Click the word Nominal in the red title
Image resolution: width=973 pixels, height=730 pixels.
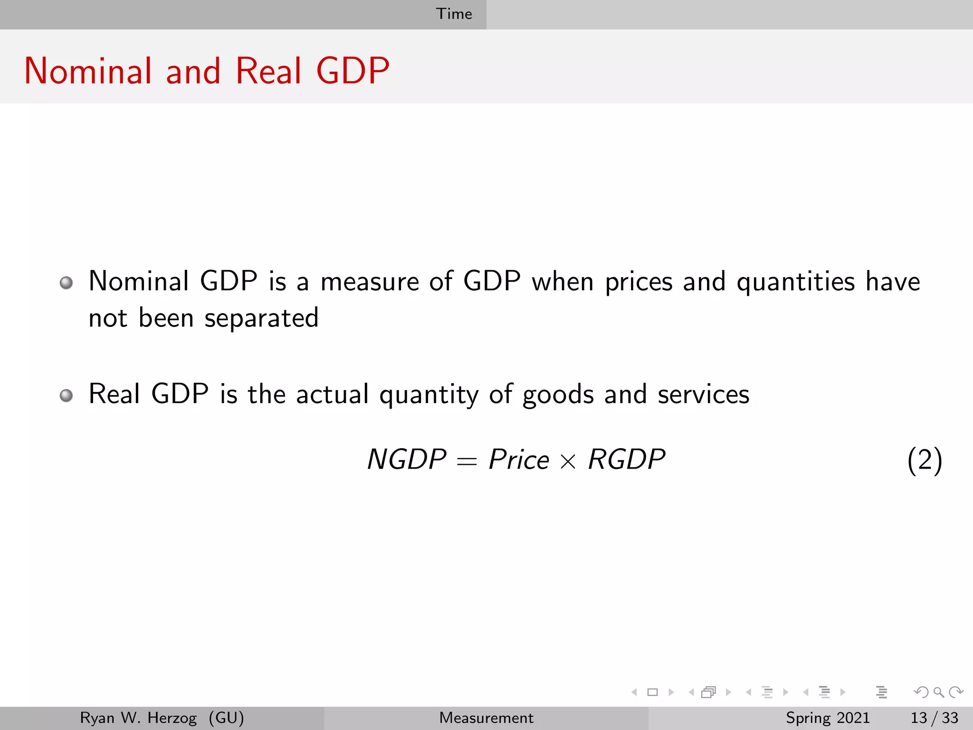pyautogui.click(x=88, y=71)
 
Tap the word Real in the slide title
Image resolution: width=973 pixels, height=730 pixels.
pyautogui.click(x=268, y=71)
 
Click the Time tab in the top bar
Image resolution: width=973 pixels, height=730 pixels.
pyautogui.click(x=454, y=14)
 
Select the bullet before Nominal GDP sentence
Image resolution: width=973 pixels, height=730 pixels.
pyautogui.click(x=67, y=283)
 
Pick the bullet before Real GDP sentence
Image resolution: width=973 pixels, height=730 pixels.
pyautogui.click(x=67, y=395)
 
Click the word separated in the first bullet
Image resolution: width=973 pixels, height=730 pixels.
pyautogui.click(x=261, y=318)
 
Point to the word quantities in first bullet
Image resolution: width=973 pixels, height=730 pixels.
pyautogui.click(x=795, y=282)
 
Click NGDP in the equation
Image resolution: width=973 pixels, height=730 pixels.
pyautogui.click(x=407, y=460)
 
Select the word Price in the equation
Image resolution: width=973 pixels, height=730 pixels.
pyautogui.click(x=519, y=460)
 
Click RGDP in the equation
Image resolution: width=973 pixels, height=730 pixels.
pyautogui.click(x=627, y=460)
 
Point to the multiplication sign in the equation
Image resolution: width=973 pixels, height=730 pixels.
pyautogui.click(x=568, y=461)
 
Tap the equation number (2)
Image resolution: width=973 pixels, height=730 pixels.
pyautogui.click(x=925, y=460)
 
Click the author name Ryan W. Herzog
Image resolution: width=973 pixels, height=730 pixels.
pyautogui.click(x=138, y=718)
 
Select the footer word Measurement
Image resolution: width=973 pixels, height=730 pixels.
pyautogui.click(x=486, y=718)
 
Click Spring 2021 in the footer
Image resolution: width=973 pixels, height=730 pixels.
pyautogui.click(x=828, y=718)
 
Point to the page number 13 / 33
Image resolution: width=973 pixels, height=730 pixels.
pyautogui.click(x=934, y=718)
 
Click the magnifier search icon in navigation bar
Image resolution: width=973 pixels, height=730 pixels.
pyautogui.click(x=938, y=692)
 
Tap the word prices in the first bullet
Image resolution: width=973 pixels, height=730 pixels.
pyautogui.click(x=639, y=282)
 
